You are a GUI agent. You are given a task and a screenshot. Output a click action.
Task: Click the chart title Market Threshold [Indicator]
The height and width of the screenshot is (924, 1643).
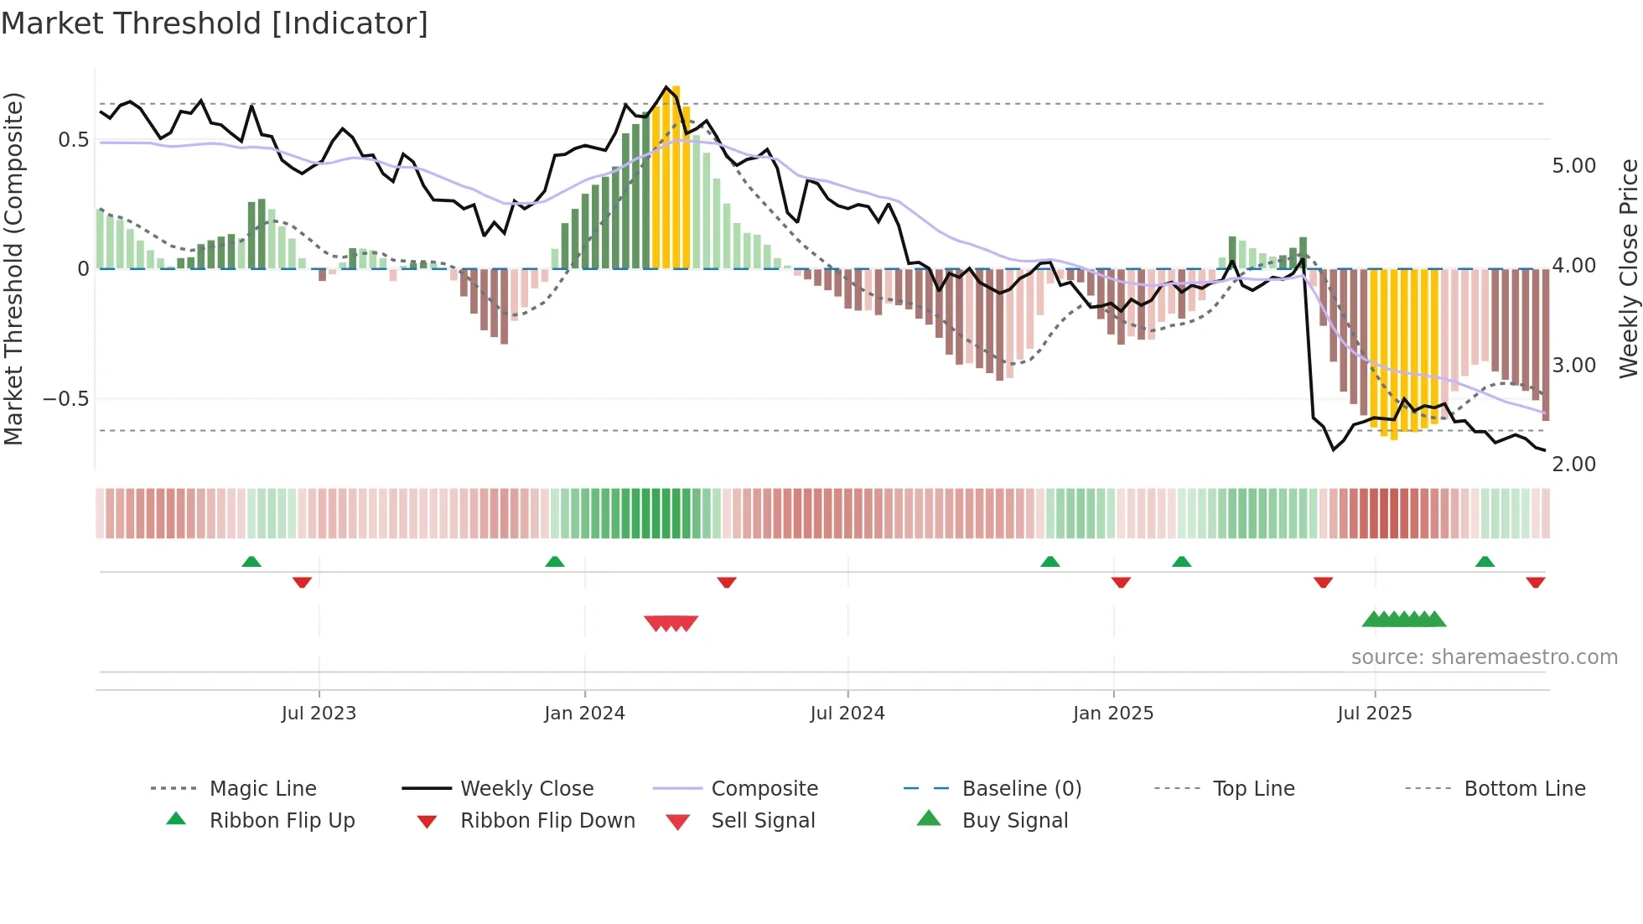click(215, 23)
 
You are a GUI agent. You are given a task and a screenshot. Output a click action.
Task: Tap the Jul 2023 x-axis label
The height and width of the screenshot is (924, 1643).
click(319, 714)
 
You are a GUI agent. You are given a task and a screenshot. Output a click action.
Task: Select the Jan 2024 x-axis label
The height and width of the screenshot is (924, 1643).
click(584, 714)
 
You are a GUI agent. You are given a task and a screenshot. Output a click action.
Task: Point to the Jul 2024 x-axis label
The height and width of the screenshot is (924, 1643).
click(847, 714)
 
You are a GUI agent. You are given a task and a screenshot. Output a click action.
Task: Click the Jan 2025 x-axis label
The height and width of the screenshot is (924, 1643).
click(1112, 714)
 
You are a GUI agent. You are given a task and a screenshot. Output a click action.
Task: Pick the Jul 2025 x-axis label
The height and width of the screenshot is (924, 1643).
click(1374, 714)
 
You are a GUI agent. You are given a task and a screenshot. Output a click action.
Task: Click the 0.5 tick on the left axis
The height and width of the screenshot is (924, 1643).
click(74, 140)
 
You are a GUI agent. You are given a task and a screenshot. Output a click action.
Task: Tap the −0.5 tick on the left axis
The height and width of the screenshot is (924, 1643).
click(66, 399)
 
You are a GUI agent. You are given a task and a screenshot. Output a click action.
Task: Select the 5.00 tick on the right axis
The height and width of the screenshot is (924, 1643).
click(1573, 166)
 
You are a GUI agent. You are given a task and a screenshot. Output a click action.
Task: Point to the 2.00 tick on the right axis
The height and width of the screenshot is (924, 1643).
click(1573, 465)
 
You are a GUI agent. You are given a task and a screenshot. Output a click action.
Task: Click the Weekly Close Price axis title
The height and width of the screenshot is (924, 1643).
click(1627, 268)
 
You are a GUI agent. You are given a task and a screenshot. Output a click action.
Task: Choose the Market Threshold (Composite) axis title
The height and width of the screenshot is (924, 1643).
click(14, 268)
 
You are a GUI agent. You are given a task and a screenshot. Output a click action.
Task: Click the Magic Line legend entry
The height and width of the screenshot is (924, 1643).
click(262, 789)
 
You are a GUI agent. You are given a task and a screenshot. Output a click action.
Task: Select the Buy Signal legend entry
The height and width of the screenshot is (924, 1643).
click(1014, 821)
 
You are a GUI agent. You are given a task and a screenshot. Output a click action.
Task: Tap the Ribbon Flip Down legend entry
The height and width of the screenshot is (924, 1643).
click(547, 821)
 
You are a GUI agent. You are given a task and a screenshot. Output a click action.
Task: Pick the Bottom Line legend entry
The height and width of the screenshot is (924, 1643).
click(1524, 789)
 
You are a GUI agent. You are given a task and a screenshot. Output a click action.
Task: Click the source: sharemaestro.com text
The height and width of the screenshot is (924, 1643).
click(1484, 657)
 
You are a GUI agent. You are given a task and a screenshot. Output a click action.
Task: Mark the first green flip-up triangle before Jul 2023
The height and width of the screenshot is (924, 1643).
click(251, 562)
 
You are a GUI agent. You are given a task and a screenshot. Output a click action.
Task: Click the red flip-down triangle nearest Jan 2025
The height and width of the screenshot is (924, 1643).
click(1121, 582)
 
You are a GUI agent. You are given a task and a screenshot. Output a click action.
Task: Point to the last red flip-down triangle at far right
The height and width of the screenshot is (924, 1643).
click(1535, 582)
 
